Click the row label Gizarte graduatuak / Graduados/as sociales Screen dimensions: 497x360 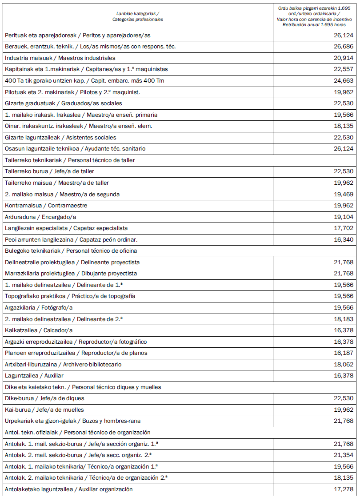click(x=63, y=103)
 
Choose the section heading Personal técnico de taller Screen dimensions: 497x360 click(x=70, y=160)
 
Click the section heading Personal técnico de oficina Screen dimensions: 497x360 click(x=71, y=251)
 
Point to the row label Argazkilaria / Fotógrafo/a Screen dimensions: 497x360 click(x=39, y=308)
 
